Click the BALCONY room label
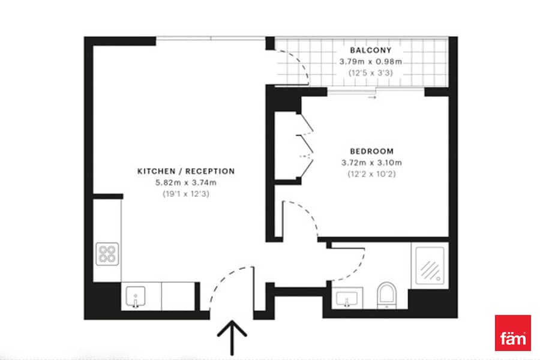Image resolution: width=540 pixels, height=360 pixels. (371, 50)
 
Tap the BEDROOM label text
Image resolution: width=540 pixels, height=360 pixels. (371, 151)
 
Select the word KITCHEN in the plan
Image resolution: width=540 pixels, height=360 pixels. (157, 171)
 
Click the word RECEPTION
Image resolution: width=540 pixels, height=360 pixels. (210, 171)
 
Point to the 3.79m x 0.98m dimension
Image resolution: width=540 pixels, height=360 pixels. (371, 62)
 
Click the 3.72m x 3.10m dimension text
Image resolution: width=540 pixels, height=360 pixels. (371, 163)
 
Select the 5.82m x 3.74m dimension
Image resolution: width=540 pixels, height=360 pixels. (186, 182)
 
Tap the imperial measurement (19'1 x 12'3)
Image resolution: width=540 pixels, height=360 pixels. (186, 194)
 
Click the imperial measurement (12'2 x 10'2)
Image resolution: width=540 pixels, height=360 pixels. (371, 174)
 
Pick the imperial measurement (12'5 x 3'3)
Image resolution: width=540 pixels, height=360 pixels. (371, 73)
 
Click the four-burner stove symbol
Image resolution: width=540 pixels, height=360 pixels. (107, 254)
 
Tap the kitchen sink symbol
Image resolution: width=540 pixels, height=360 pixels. (136, 296)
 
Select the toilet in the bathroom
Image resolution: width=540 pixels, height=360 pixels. (387, 295)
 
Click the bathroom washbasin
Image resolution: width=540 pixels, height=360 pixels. (347, 298)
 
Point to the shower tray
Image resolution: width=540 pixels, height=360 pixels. (430, 265)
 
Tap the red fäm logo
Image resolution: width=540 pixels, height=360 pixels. (513, 333)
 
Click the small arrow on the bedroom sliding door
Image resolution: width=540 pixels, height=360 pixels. (372, 97)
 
